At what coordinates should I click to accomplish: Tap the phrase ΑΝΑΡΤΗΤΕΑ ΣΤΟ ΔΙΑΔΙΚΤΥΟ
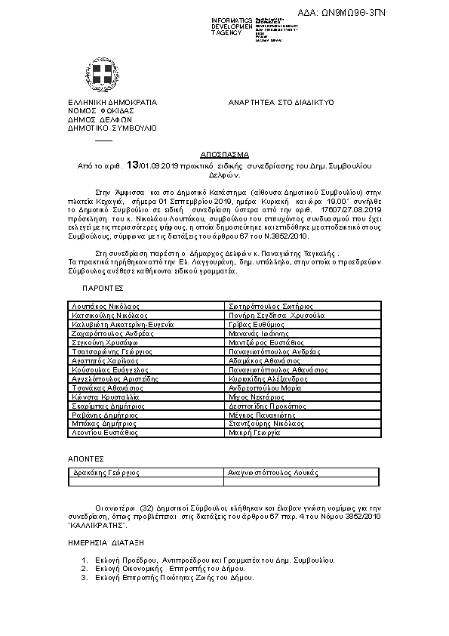(281, 101)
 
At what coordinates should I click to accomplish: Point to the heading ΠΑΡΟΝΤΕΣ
(103, 289)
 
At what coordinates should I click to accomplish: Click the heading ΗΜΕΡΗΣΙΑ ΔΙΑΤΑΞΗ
(106, 543)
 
